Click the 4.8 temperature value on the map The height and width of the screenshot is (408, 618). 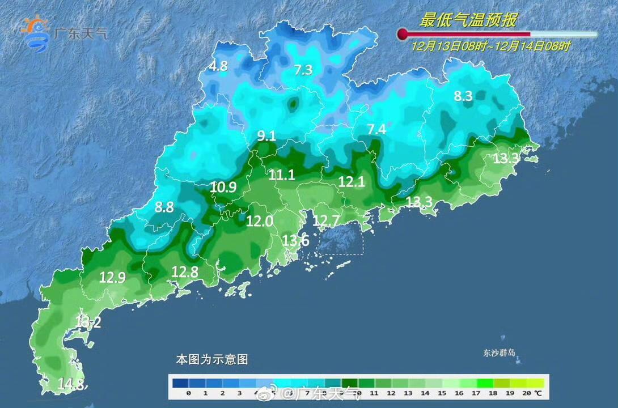[x=218, y=66]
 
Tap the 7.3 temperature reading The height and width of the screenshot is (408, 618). [x=303, y=70]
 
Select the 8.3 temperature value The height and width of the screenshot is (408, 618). [x=463, y=96]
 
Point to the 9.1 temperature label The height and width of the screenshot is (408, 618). [x=266, y=135]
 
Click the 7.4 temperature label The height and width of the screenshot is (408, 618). [x=376, y=130]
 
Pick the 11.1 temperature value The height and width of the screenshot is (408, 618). [x=282, y=175]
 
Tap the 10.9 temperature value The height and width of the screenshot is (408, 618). [x=223, y=187]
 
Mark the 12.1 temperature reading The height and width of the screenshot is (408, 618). [x=351, y=182]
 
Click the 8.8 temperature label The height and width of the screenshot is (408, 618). [x=164, y=207]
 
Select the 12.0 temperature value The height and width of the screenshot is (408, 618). [x=260, y=222]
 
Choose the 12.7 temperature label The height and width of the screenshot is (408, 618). [x=326, y=220]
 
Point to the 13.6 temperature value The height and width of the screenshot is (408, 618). [x=295, y=240]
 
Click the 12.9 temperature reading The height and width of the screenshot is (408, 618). [x=112, y=278]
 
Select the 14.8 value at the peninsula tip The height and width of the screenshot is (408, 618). [x=70, y=384]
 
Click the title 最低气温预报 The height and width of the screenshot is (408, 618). [x=468, y=20]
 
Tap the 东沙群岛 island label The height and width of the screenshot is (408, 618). [x=496, y=352]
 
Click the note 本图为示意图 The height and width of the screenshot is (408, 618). [x=211, y=359]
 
